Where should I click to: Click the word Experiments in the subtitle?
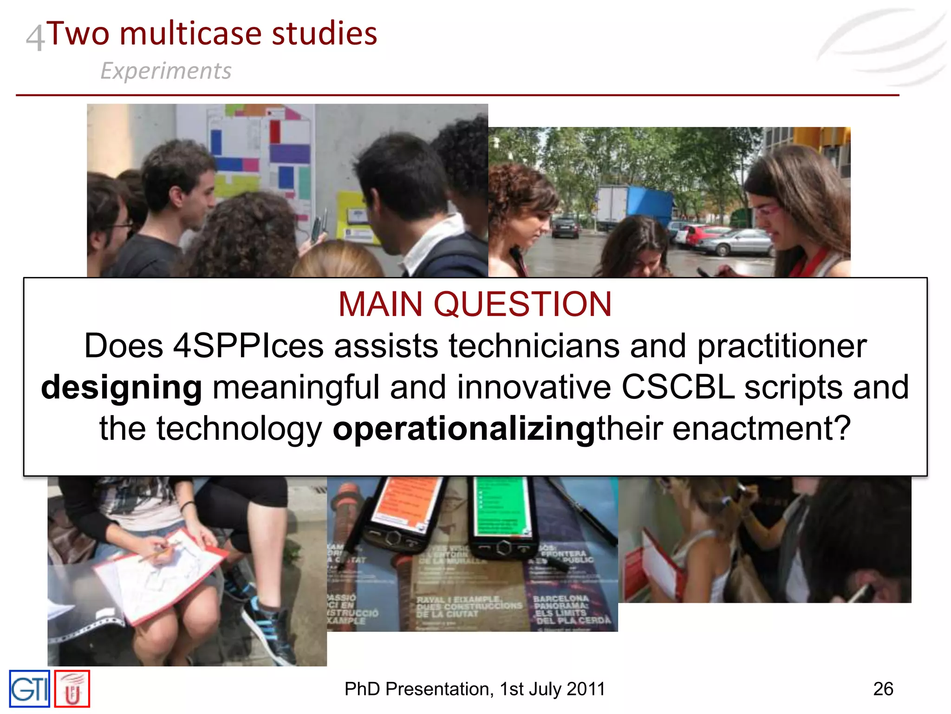[166, 71]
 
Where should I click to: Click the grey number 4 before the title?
[35, 38]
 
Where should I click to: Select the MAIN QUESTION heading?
[475, 304]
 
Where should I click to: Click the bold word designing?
[122, 387]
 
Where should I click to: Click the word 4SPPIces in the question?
[248, 346]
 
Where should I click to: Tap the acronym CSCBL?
[678, 387]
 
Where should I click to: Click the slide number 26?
[883, 689]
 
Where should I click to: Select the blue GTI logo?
[30, 689]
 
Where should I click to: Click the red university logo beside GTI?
[72, 689]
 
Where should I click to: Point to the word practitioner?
[782, 346]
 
